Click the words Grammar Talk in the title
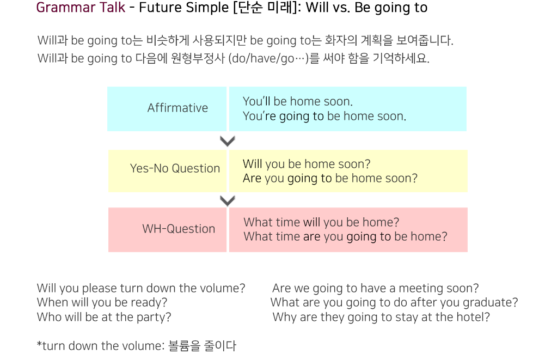(x=81, y=8)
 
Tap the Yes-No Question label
(x=175, y=168)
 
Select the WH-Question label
(x=179, y=229)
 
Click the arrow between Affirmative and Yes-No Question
(x=227, y=141)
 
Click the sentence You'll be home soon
(x=298, y=101)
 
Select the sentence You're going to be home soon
(x=324, y=116)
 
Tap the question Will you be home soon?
(x=307, y=164)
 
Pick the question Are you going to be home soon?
(x=330, y=179)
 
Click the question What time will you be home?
(x=321, y=222)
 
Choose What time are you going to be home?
(x=346, y=237)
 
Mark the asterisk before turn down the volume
(x=39, y=344)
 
